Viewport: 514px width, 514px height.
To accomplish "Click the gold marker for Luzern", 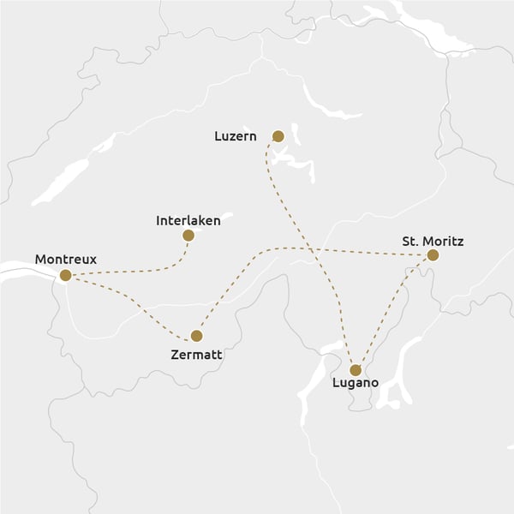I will pyautogui.click(x=278, y=135).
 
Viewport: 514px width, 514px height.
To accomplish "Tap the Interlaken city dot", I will pyautogui.click(x=188, y=235).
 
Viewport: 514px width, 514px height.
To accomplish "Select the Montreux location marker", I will pyautogui.click(x=65, y=275).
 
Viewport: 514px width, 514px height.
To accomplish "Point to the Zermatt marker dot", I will pyautogui.click(x=196, y=336).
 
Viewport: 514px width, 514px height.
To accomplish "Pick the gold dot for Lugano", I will pyautogui.click(x=356, y=370).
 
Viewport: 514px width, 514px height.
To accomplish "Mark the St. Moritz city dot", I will pyautogui.click(x=433, y=255).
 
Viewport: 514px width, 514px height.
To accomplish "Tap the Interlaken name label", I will pyautogui.click(x=188, y=220).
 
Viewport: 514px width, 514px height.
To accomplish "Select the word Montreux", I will pyautogui.click(x=66, y=259).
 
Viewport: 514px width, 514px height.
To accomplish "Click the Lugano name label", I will pyautogui.click(x=355, y=385).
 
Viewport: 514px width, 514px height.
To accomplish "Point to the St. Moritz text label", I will pyautogui.click(x=433, y=242).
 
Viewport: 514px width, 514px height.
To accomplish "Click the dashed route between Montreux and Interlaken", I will pyautogui.click(x=137, y=271).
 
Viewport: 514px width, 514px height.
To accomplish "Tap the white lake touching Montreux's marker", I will pyautogui.click(x=26, y=273).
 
